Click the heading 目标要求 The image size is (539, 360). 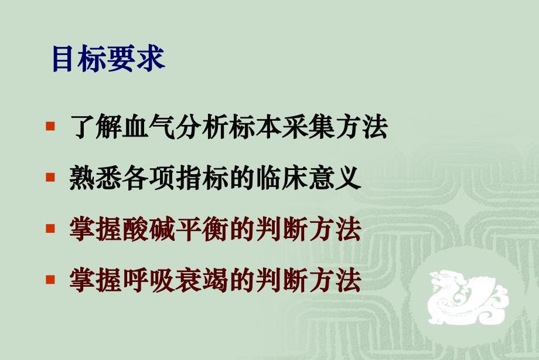tap(108, 59)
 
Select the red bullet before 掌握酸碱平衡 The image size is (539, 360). tap(51, 228)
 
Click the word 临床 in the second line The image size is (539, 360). tap(282, 178)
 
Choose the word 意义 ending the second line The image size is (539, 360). tap(335, 178)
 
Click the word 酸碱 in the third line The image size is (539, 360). tap(149, 229)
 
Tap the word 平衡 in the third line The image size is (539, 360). tap(202, 229)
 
